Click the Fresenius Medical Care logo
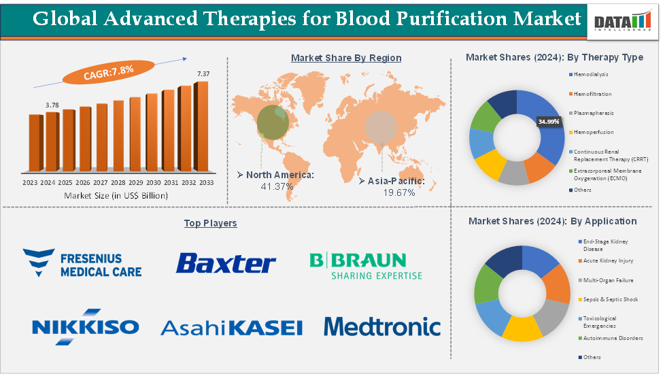pyautogui.click(x=82, y=263)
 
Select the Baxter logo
pyautogui.click(x=226, y=263)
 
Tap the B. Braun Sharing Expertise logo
pyautogui.click(x=366, y=266)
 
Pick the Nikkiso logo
pyautogui.click(x=85, y=326)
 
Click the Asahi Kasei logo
pyautogui.click(x=231, y=328)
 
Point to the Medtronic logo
pyautogui.click(x=382, y=326)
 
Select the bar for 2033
pyautogui.click(x=202, y=126)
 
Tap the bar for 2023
pyautogui.click(x=35, y=143)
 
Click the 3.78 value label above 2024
pyautogui.click(x=52, y=105)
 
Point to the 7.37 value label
pyautogui.click(x=203, y=73)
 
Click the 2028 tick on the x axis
pyautogui.click(x=118, y=183)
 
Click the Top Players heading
pyautogui.click(x=210, y=223)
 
